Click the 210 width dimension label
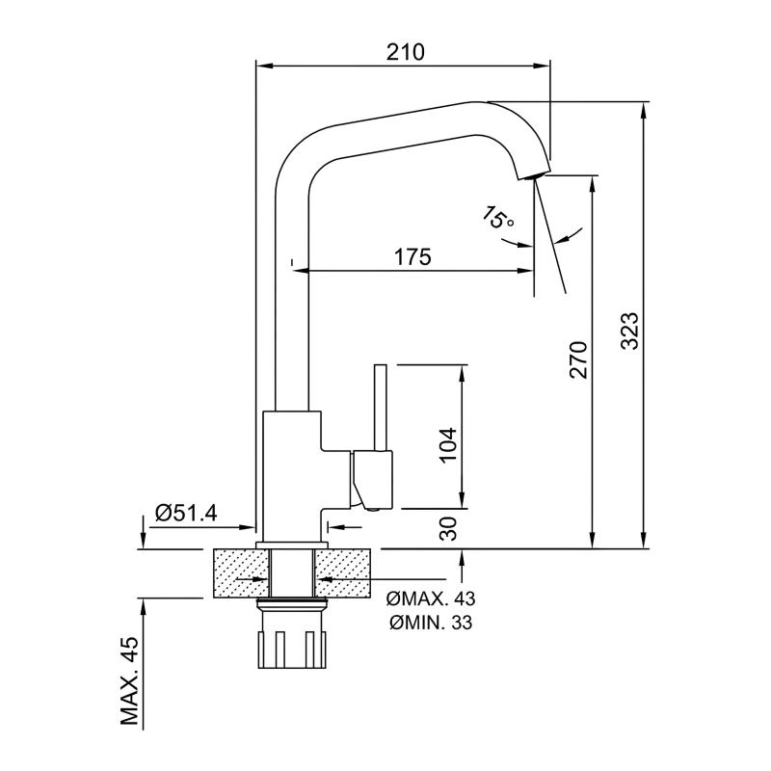(405, 52)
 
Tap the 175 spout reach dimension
(412, 256)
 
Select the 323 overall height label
(629, 331)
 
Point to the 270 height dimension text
(578, 359)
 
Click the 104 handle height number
(448, 445)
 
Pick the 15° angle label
(497, 218)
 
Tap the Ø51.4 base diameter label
(186, 514)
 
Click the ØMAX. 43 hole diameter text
(431, 598)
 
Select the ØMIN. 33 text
(431, 623)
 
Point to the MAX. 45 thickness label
(129, 681)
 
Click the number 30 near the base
(448, 528)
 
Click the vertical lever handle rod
(380, 407)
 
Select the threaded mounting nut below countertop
(292, 635)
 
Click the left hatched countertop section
(242, 573)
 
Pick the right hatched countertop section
(342, 573)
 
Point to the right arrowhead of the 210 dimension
(543, 66)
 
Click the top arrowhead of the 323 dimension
(643, 110)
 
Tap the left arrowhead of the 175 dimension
(301, 270)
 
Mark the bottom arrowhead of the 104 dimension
(462, 500)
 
